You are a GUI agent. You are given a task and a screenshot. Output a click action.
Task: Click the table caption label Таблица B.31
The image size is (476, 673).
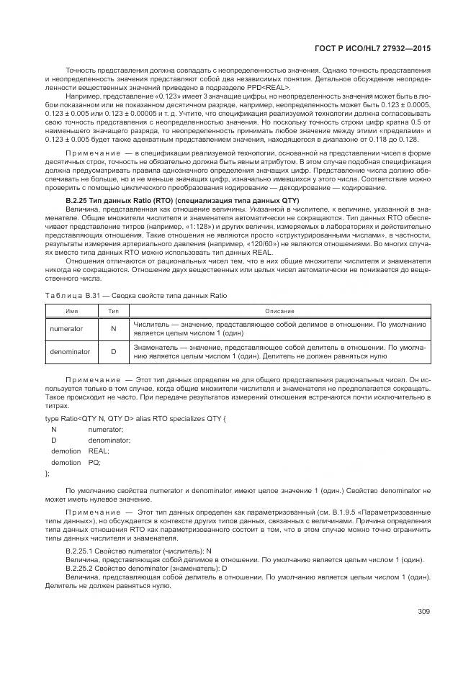click(x=68, y=296)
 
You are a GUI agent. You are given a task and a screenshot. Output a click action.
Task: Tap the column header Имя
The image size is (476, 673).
click(x=71, y=310)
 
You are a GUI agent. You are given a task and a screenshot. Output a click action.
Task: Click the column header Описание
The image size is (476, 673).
click(x=279, y=310)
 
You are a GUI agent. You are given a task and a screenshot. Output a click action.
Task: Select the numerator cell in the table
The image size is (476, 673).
click(x=66, y=328)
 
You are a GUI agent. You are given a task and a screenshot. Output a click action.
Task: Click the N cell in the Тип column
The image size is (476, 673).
click(x=113, y=328)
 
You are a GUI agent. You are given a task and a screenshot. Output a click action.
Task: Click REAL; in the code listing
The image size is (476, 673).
click(x=98, y=451)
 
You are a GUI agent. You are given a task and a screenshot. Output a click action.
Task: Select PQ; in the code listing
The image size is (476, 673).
click(x=94, y=462)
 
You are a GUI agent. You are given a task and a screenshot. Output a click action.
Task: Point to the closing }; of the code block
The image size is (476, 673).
click(x=48, y=474)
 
